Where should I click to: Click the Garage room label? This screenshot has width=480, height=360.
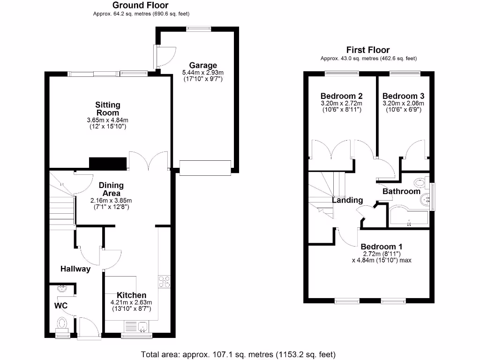(203, 65)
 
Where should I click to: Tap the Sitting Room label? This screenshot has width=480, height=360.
(108, 109)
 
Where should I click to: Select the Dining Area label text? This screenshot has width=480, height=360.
(111, 189)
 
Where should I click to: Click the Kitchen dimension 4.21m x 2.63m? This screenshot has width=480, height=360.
(131, 302)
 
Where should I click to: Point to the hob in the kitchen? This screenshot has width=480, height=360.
(164, 282)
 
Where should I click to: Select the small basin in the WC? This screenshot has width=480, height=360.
(62, 289)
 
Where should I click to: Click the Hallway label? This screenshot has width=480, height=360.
(75, 269)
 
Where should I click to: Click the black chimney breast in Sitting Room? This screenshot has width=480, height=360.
(108, 164)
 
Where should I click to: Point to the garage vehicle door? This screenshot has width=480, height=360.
(205, 168)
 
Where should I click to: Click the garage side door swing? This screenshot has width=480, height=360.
(165, 57)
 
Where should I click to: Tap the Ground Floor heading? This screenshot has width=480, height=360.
(141, 5)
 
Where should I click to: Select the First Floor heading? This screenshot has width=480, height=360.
(368, 50)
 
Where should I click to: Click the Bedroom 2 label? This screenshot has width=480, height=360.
(342, 96)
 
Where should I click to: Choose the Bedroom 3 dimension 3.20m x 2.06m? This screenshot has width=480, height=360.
(403, 103)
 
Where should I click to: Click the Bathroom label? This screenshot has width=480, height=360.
(401, 191)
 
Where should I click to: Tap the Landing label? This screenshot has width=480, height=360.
(347, 200)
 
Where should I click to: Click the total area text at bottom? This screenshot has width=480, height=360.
(238, 354)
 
